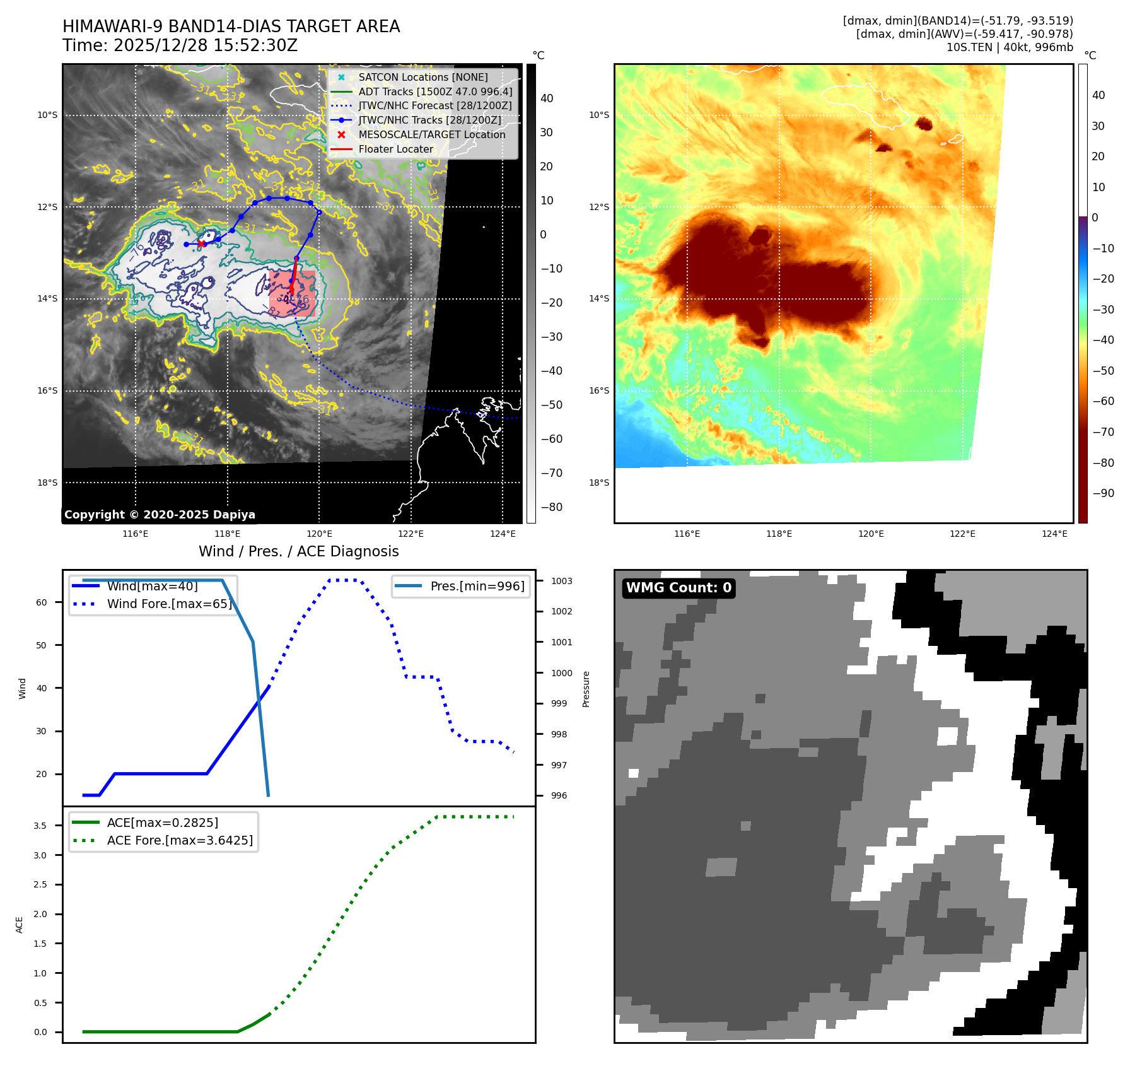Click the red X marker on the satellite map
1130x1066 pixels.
[201, 243]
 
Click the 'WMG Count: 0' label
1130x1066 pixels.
[679, 588]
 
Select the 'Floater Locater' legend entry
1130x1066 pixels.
[395, 149]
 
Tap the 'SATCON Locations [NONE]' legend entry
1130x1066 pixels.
[422, 78]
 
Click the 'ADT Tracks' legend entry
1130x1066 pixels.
[435, 92]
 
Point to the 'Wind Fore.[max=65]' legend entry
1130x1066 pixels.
[169, 604]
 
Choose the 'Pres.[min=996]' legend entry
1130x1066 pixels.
[477, 586]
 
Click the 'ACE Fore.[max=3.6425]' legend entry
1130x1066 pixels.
[180, 840]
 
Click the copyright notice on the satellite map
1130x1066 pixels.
[160, 515]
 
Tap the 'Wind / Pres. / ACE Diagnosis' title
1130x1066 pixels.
[298, 551]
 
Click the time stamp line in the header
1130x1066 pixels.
[180, 45]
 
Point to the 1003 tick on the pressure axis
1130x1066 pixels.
[561, 581]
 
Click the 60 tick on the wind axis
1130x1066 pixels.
[42, 602]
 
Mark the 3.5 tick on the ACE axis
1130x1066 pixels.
[40, 826]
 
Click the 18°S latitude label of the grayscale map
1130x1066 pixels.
[47, 483]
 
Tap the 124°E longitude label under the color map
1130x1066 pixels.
[1054, 534]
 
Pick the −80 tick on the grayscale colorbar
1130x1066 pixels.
[551, 507]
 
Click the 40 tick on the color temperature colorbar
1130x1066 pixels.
[1098, 95]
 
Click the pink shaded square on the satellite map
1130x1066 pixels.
[293, 293]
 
